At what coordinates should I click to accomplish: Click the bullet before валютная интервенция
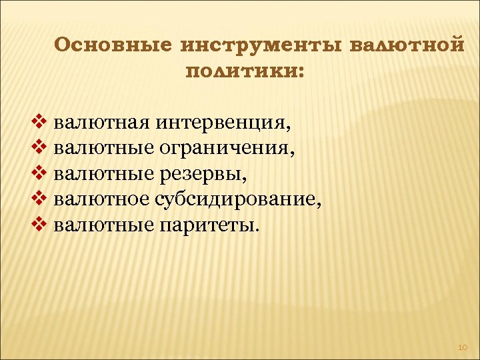[x=37, y=123]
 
